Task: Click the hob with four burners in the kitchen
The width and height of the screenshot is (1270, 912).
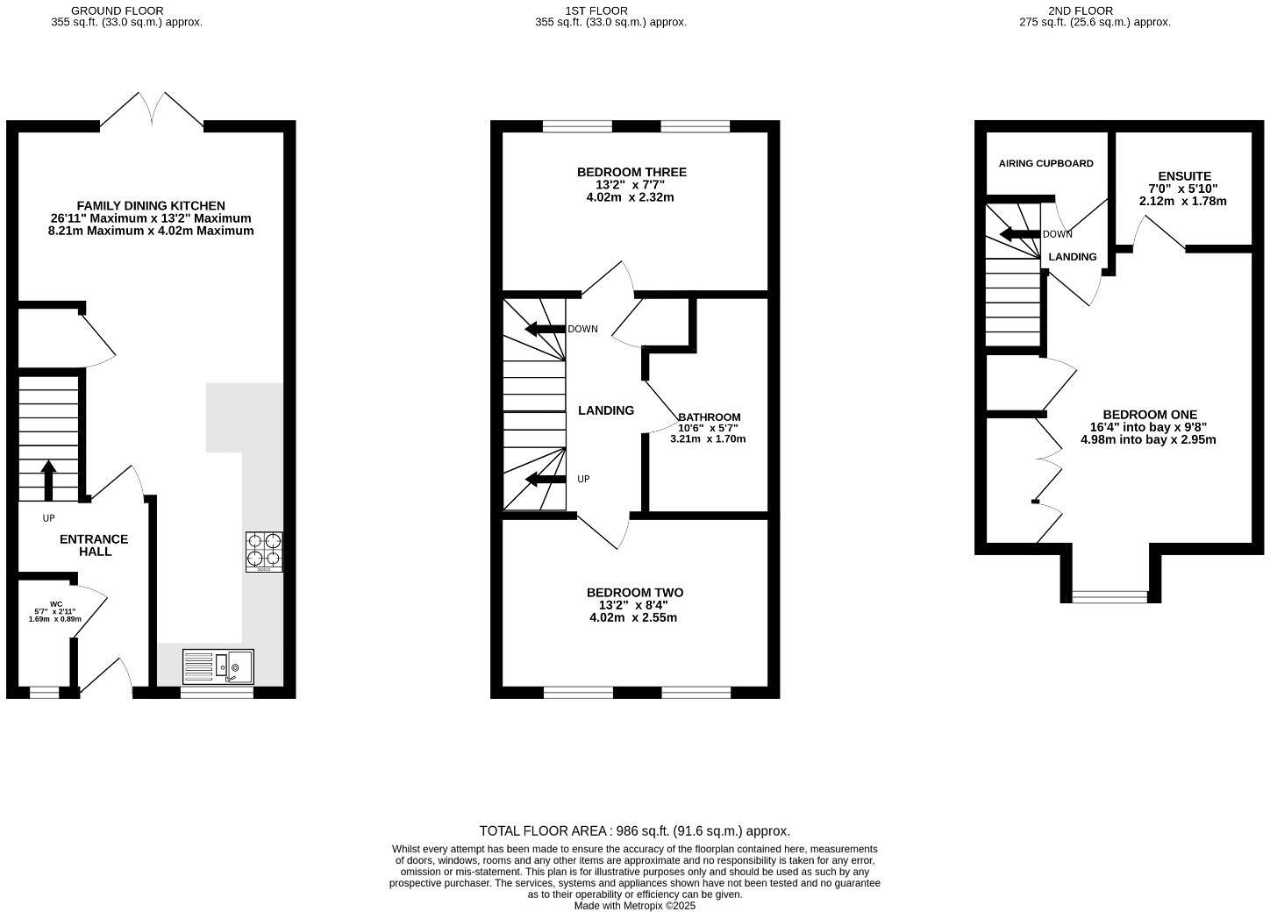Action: (x=264, y=552)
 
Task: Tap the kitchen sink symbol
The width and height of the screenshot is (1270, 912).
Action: (x=218, y=666)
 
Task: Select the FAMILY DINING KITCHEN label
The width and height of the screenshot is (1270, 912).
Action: (x=151, y=206)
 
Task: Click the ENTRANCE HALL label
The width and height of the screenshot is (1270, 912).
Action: (x=94, y=545)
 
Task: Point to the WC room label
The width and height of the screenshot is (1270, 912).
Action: (x=56, y=604)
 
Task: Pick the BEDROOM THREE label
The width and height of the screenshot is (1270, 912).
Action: (x=631, y=172)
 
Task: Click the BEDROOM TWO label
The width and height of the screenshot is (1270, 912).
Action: (x=634, y=593)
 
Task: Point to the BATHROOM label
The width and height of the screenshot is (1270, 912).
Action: (x=709, y=417)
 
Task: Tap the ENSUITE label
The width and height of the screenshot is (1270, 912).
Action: (x=1184, y=176)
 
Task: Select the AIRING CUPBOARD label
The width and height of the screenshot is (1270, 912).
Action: (x=1045, y=163)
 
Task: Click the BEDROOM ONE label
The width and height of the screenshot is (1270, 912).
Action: (x=1149, y=415)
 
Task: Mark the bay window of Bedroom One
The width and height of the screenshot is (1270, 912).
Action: (x=1109, y=597)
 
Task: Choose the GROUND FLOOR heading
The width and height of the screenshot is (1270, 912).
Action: (x=129, y=11)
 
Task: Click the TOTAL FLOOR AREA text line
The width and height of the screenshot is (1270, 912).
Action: (x=634, y=830)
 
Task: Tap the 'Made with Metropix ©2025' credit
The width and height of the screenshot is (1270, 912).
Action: (x=634, y=906)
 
